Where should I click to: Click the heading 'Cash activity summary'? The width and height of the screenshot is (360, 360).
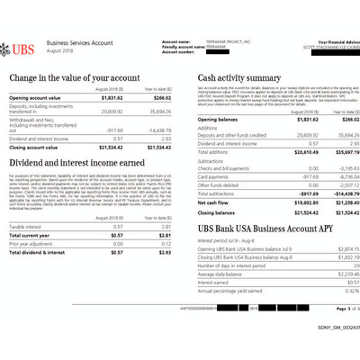(239, 78)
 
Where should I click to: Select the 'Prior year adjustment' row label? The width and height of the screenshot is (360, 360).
(31, 243)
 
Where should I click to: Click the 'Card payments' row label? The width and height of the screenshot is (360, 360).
(212, 176)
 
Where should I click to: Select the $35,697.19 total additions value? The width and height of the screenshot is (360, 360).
(335, 152)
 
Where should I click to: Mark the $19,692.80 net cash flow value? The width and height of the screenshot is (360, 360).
(301, 202)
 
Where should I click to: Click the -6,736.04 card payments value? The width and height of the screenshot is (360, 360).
(337, 176)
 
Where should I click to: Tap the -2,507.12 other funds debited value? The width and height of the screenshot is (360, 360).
(337, 184)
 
